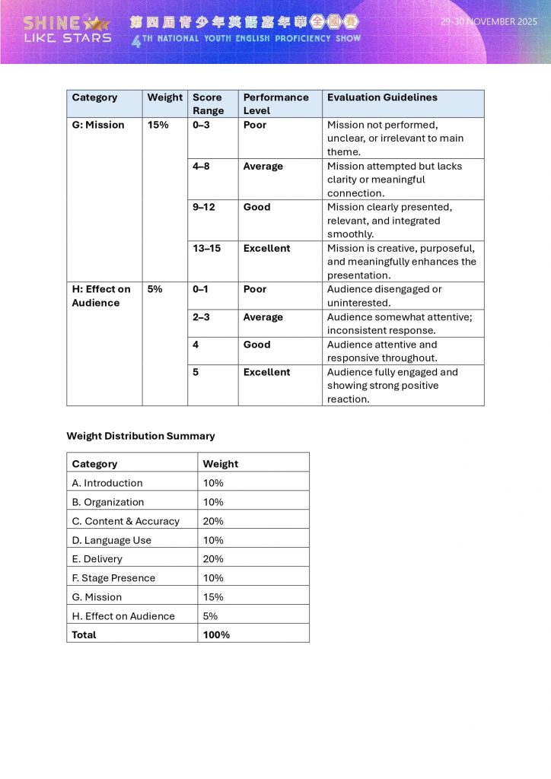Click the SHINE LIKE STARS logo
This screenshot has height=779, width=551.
67,29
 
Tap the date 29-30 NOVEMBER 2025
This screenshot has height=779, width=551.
489,22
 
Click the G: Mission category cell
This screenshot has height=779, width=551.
97,125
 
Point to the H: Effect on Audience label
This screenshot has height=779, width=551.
100,296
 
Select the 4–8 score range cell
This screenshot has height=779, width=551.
201,166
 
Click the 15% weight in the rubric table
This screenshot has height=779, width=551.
158,125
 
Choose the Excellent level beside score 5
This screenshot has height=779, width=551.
266,372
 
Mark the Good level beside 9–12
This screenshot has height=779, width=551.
256,207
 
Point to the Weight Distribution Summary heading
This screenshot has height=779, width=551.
141,436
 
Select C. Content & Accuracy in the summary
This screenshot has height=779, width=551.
126,521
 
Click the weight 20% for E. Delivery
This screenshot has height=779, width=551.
213,559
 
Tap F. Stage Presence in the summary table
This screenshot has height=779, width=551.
113,578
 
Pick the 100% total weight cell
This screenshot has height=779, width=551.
216,634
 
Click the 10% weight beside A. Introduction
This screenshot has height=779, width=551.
213,483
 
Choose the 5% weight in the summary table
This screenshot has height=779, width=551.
210,616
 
